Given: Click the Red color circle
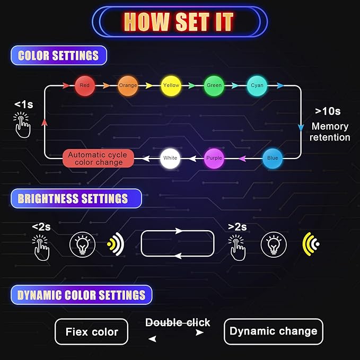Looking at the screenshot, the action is (x=85, y=86).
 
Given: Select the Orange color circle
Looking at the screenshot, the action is (x=128, y=86).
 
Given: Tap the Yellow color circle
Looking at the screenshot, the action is (x=171, y=86).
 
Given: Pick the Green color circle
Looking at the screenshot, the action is (x=214, y=86).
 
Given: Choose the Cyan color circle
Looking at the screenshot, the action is (x=257, y=86).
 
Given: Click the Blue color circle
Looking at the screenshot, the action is (x=273, y=159).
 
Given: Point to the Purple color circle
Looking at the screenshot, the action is (x=214, y=159).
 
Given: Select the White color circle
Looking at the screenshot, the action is (x=170, y=159).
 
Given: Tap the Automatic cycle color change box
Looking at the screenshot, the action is (x=98, y=159).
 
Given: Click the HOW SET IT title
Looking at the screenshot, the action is (x=179, y=22).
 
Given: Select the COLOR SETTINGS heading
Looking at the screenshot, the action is (x=58, y=56).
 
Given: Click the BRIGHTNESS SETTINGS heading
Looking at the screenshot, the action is (x=76, y=199).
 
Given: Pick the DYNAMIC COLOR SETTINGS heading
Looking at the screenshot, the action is (x=82, y=295).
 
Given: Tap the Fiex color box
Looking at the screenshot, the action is (x=91, y=332).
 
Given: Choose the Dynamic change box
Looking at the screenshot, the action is (x=274, y=331).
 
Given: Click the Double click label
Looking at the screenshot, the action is (x=178, y=322).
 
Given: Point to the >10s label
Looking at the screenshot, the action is (x=328, y=111).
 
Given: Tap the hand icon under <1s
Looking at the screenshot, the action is (x=22, y=125).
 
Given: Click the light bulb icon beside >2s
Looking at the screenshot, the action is (x=274, y=245).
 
